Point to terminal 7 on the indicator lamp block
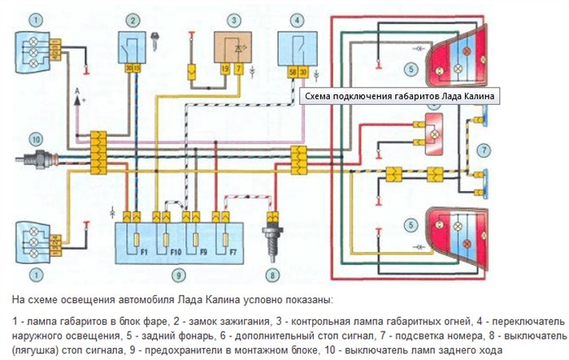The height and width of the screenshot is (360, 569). click(x=238, y=72)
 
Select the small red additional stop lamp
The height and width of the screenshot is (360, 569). click(x=432, y=128)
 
